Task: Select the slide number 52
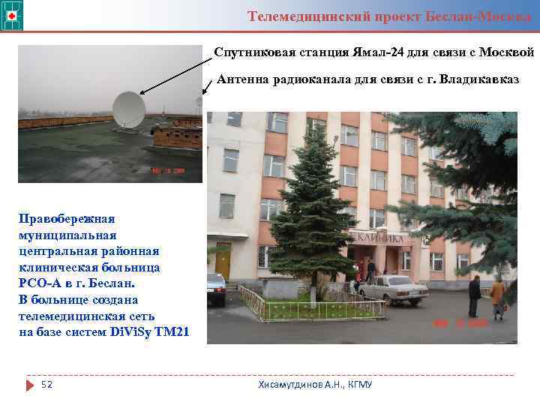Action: coord(46,385)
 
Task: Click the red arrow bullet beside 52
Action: coord(30,385)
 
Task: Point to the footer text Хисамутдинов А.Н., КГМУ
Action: coord(315,385)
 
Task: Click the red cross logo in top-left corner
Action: coord(13,14)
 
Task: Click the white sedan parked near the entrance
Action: coord(391,286)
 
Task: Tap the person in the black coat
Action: coord(475,295)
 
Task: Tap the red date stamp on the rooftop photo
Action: coord(168,169)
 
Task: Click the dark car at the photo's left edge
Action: coord(216,288)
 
